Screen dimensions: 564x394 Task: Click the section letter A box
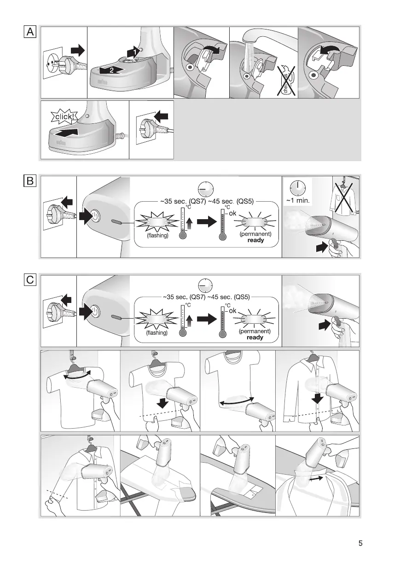pos(30,32)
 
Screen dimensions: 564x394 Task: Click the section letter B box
pos(30,181)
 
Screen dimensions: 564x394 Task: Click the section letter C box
pos(30,279)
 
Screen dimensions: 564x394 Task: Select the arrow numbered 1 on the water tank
pos(133,53)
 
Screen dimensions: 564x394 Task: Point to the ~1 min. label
pos(297,201)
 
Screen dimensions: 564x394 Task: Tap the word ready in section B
pos(255,240)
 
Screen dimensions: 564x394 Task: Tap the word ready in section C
pos(255,337)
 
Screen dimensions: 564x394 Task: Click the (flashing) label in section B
pos(157,235)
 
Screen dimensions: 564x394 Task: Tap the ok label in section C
pos(232,311)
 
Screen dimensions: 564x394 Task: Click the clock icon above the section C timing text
pos(205,285)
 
